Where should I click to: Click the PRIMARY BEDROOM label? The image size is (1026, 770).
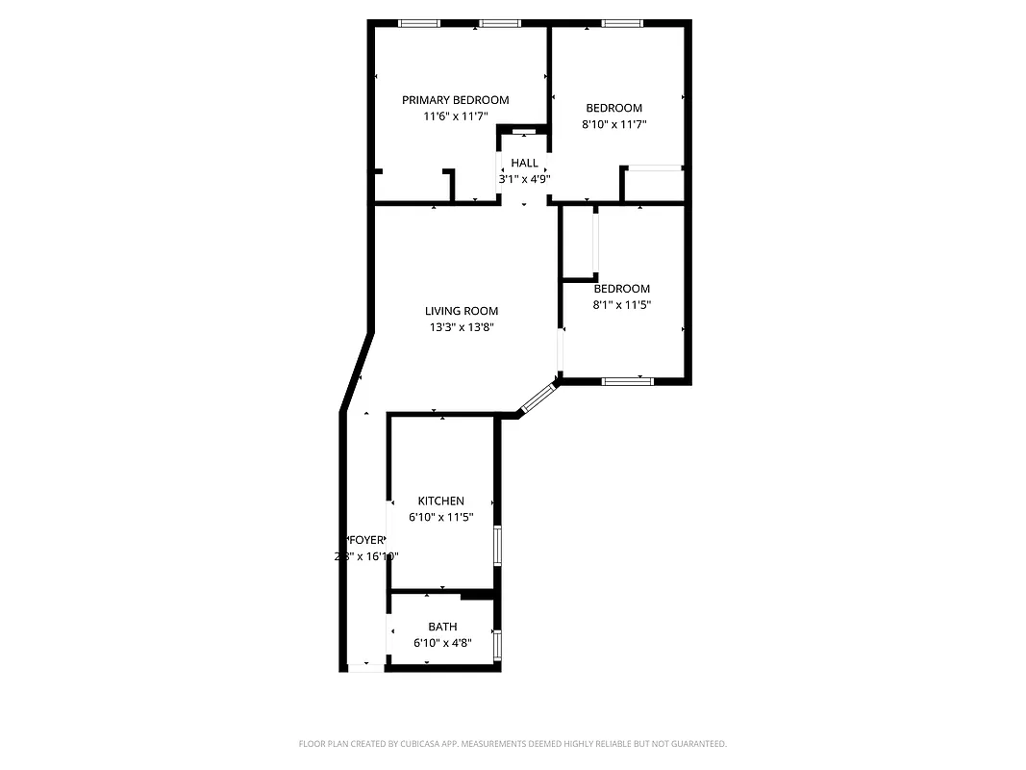(x=455, y=100)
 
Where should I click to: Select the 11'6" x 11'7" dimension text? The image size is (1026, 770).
(x=455, y=116)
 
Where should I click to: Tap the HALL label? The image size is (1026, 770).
(x=524, y=163)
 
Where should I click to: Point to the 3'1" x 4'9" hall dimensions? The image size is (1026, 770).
(x=524, y=178)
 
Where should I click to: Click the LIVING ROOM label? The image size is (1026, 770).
(x=462, y=311)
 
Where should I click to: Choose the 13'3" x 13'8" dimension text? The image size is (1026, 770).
(x=462, y=327)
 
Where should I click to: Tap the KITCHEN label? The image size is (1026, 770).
(x=440, y=500)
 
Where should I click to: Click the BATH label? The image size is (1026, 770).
(x=442, y=627)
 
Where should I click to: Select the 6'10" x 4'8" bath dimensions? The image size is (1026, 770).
(x=442, y=642)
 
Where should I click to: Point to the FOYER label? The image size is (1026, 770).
(x=366, y=540)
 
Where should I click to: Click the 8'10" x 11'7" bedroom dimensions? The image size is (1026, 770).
(x=613, y=124)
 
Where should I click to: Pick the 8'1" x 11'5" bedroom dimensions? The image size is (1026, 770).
(x=621, y=305)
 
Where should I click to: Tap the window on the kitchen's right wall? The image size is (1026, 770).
(x=497, y=545)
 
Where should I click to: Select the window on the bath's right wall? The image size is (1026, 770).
(x=497, y=644)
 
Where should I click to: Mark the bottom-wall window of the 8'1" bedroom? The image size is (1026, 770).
(x=627, y=381)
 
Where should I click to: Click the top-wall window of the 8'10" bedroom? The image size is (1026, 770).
(x=621, y=23)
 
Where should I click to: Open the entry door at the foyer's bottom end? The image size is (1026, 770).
(x=364, y=666)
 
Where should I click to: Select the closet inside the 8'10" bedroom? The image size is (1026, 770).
(x=654, y=185)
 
